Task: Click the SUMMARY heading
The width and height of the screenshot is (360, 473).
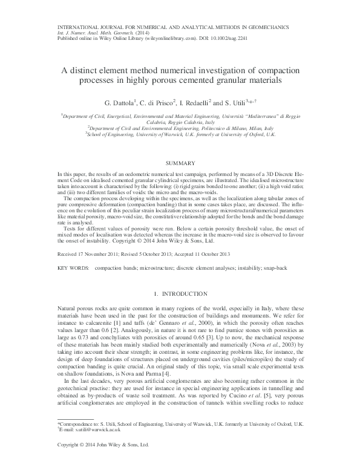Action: (x=180, y=164)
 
